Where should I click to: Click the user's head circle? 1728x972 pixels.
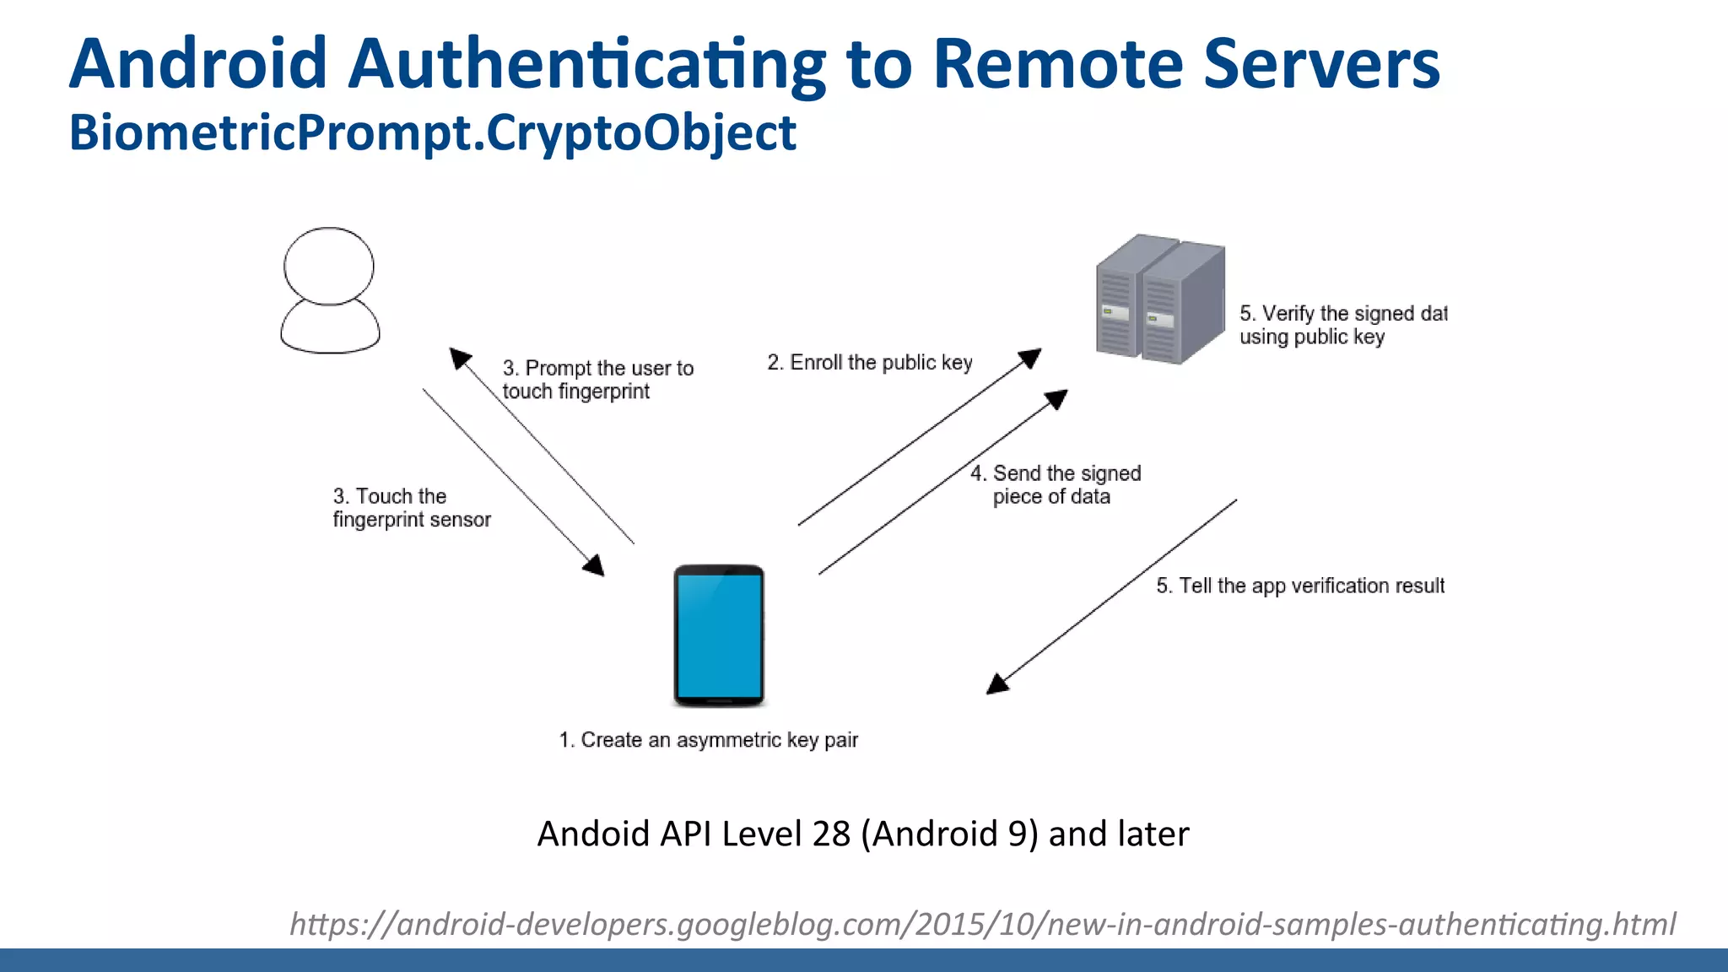point(328,265)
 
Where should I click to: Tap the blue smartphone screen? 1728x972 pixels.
point(719,635)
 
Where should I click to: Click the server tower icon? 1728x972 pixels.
point(1159,300)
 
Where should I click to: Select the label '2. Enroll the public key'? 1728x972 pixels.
point(869,363)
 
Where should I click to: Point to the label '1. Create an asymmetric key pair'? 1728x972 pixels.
point(708,740)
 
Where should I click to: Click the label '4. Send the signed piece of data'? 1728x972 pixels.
point(1055,485)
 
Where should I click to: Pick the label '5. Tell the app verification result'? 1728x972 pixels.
point(1299,586)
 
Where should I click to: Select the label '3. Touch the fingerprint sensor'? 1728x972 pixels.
point(411,508)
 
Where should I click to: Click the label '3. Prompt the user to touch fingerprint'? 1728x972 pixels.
point(597,380)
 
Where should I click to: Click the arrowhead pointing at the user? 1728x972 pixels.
point(459,358)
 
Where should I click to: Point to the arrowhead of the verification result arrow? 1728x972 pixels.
point(998,683)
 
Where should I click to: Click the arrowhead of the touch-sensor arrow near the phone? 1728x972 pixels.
point(594,565)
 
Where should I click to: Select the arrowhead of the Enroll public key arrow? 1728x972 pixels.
point(1030,358)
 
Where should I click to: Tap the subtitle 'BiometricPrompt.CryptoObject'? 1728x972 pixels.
point(432,132)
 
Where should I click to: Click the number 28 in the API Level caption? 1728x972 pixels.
point(830,834)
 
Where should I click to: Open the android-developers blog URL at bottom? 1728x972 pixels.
point(982,924)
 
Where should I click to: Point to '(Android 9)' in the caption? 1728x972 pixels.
point(949,834)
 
